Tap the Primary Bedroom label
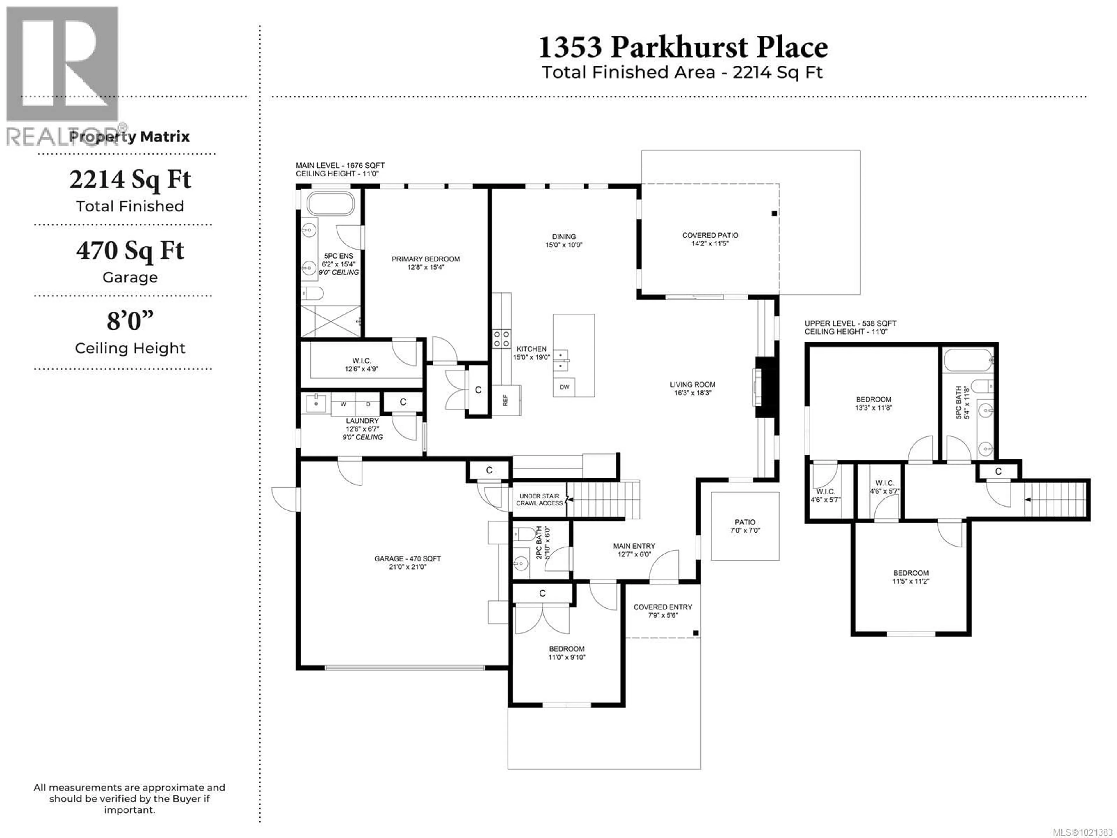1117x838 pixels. tap(426, 259)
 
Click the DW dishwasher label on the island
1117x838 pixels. tap(564, 387)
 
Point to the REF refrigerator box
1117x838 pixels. tap(506, 400)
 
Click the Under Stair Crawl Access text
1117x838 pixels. tap(539, 499)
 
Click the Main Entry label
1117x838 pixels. tap(634, 546)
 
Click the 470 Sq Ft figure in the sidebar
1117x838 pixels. tap(130, 251)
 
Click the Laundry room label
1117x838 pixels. tap(362, 420)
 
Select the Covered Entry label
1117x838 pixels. tap(663, 607)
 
